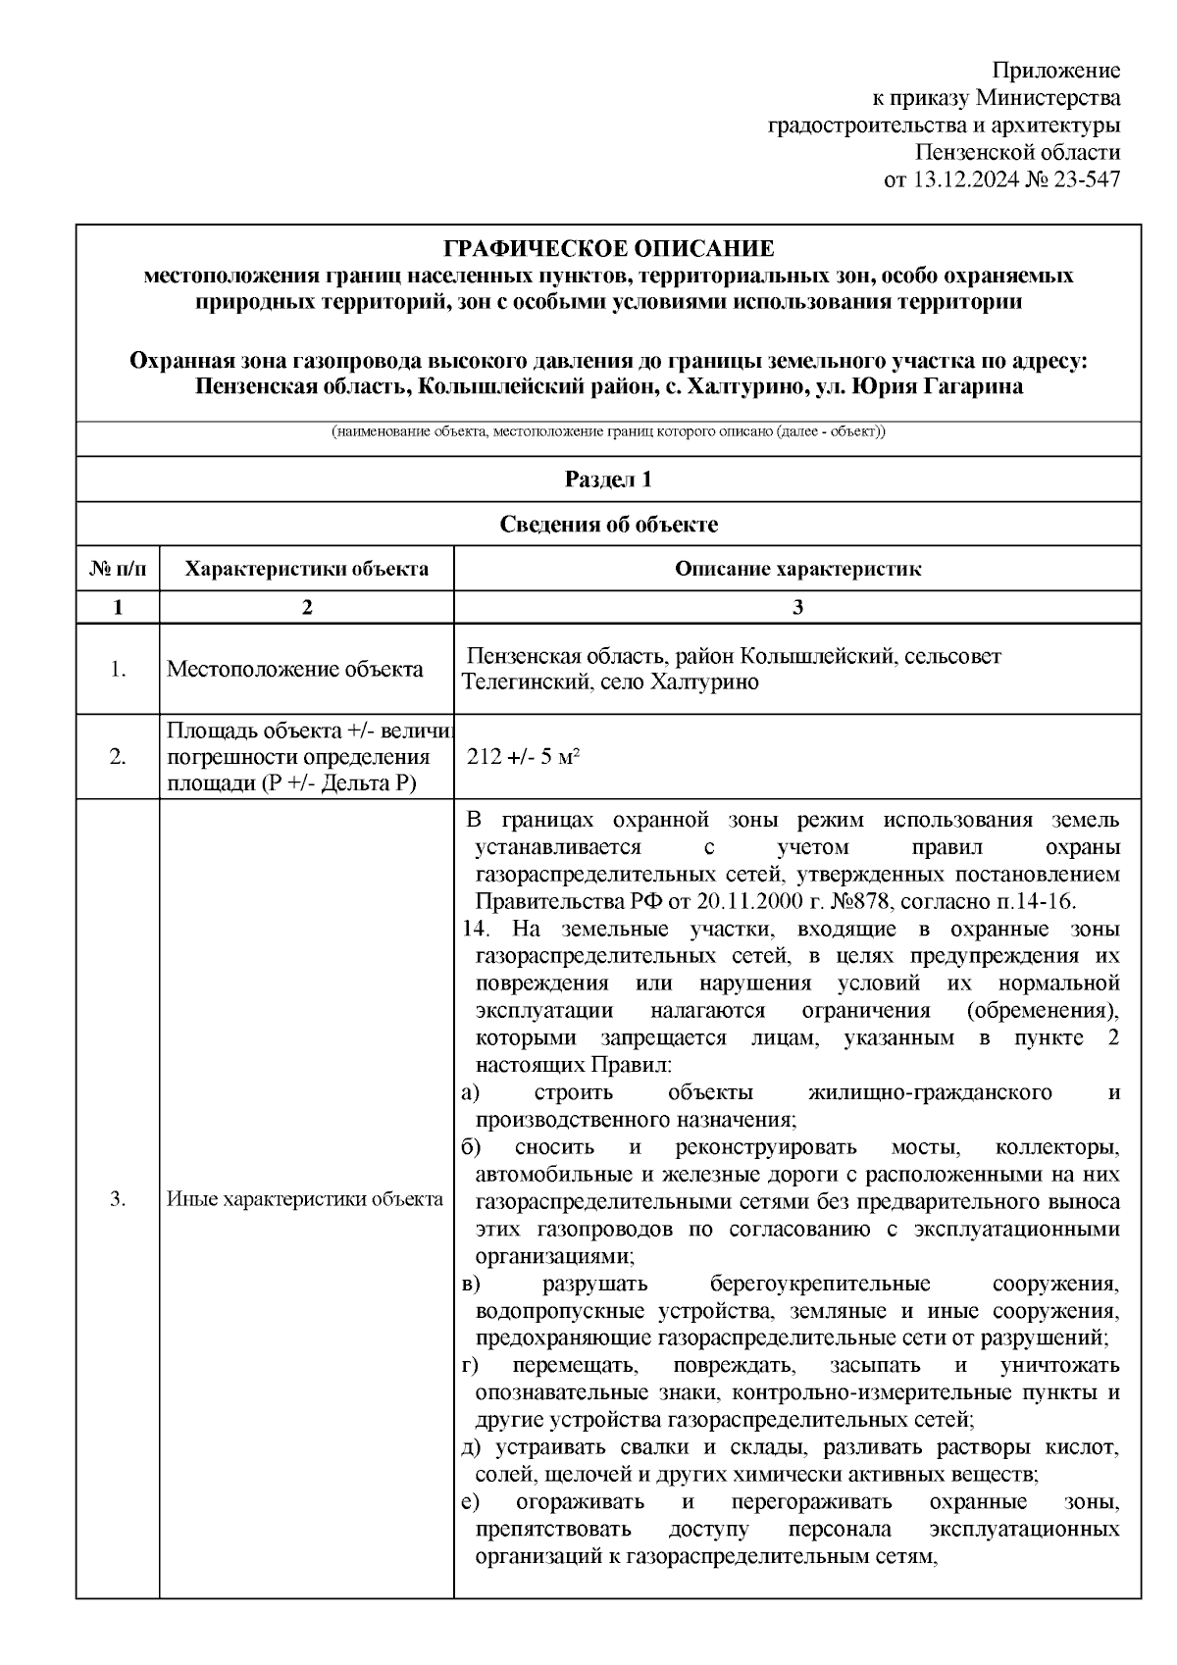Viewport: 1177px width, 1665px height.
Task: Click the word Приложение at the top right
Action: click(1055, 71)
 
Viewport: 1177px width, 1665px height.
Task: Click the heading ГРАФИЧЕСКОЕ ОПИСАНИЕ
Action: click(608, 249)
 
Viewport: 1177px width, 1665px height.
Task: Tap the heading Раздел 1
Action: click(608, 479)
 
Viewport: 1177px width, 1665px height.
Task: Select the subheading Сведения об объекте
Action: click(608, 525)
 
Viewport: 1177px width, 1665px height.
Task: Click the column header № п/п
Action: click(118, 569)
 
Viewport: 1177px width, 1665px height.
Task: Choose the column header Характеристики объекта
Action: click(306, 569)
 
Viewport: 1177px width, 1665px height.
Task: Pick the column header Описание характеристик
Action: click(796, 569)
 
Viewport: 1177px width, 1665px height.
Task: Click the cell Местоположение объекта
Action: click(295, 670)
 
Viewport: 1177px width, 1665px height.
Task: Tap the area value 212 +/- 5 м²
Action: click(524, 757)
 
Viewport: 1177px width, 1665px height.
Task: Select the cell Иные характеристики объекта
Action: click(305, 1198)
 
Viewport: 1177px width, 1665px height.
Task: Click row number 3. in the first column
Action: click(118, 1198)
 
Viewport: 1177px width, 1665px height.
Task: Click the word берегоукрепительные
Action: click(819, 1285)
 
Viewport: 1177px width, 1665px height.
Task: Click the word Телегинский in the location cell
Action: click(522, 681)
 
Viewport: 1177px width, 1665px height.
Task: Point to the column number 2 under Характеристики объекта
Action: click(306, 607)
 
